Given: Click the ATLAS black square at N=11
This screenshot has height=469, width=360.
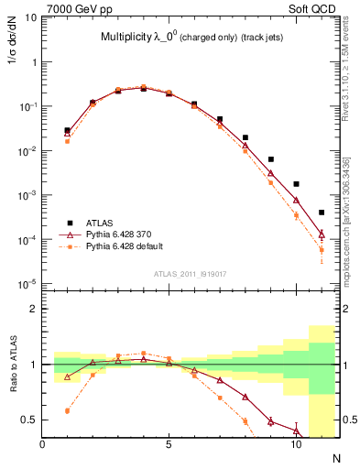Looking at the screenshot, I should pos(322,213).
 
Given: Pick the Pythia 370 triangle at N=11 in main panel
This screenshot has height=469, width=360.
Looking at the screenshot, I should pos(322,234).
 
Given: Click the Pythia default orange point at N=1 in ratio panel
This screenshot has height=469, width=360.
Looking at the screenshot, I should pos(68,411).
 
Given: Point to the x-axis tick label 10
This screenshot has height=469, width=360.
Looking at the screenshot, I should pos(295,445).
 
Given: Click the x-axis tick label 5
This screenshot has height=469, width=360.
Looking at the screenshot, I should pos(169,445).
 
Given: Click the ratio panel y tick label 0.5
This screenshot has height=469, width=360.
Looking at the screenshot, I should pos(28,420).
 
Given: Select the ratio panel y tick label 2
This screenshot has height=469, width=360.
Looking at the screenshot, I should pos(33,309).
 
